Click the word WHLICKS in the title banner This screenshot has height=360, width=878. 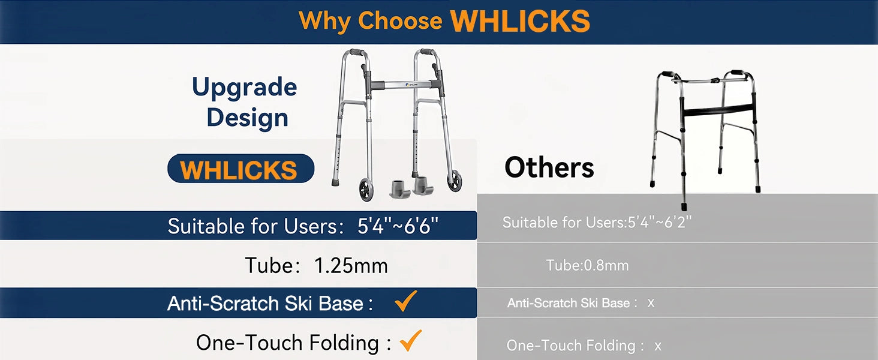[520, 21]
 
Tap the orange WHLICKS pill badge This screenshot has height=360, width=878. [240, 169]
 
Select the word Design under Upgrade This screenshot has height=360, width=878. [247, 118]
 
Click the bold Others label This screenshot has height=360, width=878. [549, 167]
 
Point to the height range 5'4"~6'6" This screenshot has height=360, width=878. [398, 226]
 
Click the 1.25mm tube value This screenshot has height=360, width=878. [351, 265]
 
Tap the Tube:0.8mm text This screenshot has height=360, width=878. [587, 265]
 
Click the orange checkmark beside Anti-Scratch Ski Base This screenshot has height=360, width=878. [405, 301]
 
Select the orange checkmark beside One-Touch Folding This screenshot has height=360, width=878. [411, 340]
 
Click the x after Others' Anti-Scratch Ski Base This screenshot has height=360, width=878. [651, 303]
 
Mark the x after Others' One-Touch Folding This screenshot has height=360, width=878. [658, 346]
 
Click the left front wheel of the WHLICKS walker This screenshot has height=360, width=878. [366, 190]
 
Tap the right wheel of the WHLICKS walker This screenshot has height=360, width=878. [455, 181]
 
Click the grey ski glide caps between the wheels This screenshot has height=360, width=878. [411, 187]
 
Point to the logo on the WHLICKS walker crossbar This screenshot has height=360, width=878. [411, 85]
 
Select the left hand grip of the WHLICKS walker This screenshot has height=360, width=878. [357, 52]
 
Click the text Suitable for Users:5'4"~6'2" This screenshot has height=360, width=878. [597, 223]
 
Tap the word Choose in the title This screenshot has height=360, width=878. [400, 20]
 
